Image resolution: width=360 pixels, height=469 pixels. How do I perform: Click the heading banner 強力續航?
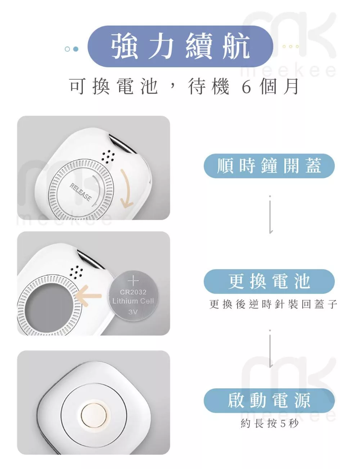coord(180,46)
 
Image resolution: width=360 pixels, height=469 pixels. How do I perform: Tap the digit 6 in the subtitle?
coord(246,87)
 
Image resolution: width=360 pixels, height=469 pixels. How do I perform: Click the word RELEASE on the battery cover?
coord(80,192)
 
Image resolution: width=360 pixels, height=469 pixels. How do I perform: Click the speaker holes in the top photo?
coord(108,156)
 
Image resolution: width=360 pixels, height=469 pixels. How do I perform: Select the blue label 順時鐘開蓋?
coord(269,166)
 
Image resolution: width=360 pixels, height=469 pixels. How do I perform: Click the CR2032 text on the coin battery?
coord(133,292)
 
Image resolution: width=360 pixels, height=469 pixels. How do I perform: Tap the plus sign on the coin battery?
coord(133,281)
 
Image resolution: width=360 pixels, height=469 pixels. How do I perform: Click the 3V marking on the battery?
coord(133,312)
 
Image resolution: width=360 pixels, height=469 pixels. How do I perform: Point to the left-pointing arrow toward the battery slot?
coord(89,295)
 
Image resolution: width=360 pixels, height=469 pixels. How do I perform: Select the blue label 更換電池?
coord(269,281)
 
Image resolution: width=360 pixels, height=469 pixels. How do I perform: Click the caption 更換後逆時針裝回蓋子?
coord(273,304)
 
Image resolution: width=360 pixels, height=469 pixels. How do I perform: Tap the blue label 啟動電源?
coord(269,400)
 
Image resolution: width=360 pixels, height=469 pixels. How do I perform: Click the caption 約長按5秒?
coord(269,423)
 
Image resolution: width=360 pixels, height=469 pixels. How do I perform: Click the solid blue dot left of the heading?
coord(76,49)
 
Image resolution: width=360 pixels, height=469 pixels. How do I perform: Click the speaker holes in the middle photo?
coord(76,272)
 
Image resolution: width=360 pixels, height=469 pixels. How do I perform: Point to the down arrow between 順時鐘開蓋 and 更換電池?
coord(270,215)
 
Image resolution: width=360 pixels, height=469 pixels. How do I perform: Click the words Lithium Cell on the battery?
coord(133,301)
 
